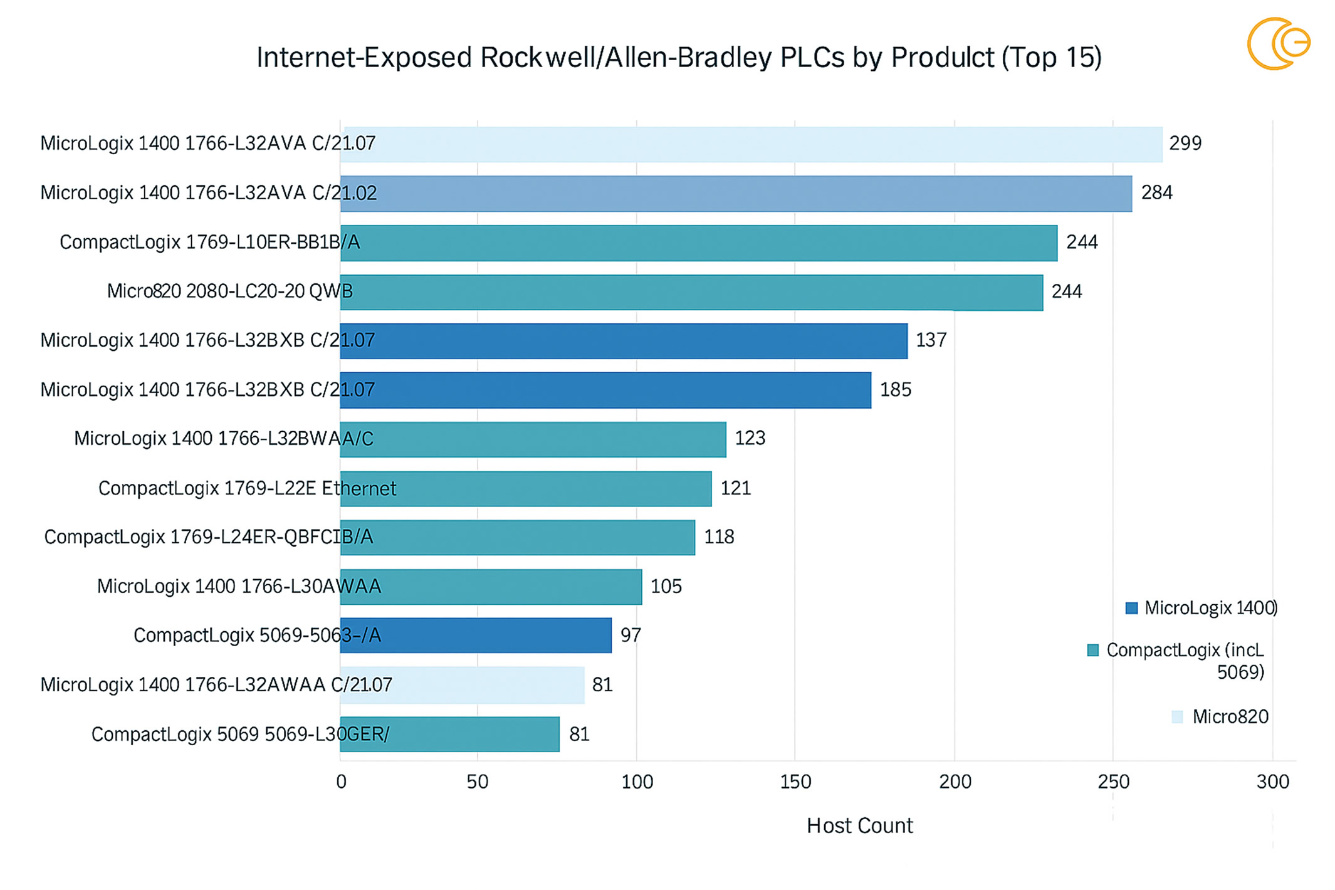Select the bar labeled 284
click(x=736, y=194)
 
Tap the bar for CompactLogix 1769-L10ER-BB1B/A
click(x=698, y=243)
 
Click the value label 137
click(x=931, y=340)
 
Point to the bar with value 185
click(x=605, y=390)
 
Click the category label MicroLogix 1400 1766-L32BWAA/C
click(x=223, y=439)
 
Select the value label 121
click(x=735, y=488)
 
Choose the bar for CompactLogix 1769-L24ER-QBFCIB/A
click(x=518, y=537)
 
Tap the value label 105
click(x=666, y=587)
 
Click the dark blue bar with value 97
click(x=476, y=636)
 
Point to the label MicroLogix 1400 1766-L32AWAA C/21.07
click(x=216, y=685)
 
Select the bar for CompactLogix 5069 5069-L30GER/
click(x=449, y=734)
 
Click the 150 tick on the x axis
click(x=795, y=782)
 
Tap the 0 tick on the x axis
click(x=341, y=782)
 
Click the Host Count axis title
click(x=859, y=826)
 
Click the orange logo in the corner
click(x=1278, y=44)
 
